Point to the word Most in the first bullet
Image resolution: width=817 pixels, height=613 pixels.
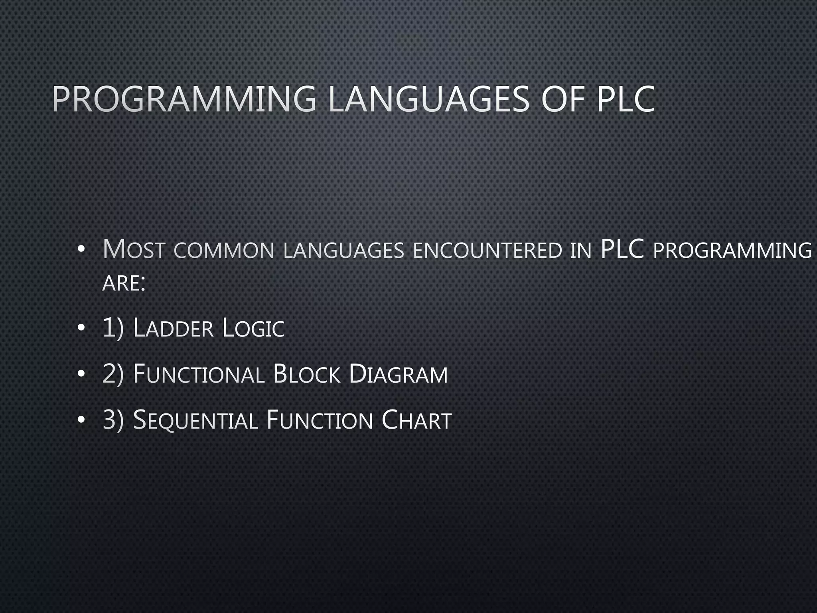point(133,249)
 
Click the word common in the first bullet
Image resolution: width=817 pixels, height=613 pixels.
point(224,251)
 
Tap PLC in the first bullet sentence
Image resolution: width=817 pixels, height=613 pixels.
point(622,249)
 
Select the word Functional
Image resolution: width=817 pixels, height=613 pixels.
point(199,374)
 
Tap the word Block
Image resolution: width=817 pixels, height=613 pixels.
point(307,374)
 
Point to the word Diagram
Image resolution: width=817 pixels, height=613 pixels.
point(398,374)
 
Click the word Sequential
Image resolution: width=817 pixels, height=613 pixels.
point(195,421)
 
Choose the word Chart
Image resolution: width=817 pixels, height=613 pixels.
point(416,421)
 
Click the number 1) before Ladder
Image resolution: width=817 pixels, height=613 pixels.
point(113,328)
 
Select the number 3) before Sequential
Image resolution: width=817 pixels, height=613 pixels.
point(113,421)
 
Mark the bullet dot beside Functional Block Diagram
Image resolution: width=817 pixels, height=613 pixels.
point(81,374)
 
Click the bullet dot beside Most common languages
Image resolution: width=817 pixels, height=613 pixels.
point(81,250)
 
